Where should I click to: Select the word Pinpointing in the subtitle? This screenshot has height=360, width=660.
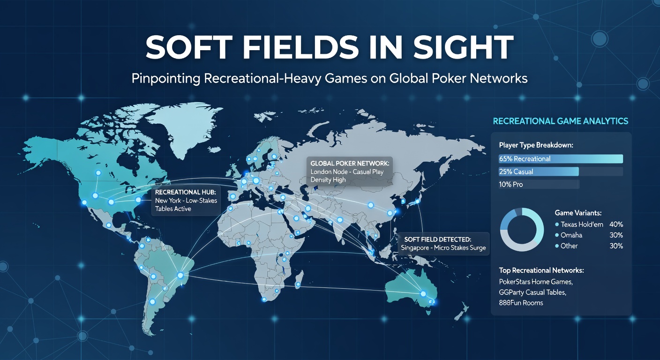(165, 78)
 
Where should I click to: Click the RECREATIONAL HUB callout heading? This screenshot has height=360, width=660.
(185, 193)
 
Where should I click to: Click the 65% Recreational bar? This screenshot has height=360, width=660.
(561, 159)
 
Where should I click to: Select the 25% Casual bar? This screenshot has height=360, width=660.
(539, 172)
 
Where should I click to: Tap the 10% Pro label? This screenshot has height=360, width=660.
(511, 185)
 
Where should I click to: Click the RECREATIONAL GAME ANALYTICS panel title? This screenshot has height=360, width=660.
(560, 121)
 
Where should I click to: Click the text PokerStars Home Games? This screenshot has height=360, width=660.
(536, 282)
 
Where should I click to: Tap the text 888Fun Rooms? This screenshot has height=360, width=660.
(521, 303)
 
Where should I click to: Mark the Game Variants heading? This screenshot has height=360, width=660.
(578, 213)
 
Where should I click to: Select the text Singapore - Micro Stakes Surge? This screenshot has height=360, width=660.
(443, 247)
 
